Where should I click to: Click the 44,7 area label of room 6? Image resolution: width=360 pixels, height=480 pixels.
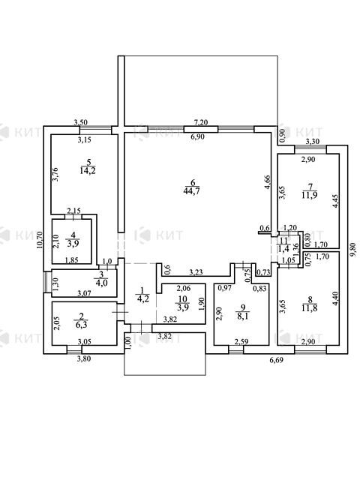click(x=192, y=192)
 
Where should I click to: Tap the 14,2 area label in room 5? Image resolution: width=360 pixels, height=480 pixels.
click(x=88, y=170)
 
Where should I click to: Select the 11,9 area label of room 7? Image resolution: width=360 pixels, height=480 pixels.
click(x=310, y=195)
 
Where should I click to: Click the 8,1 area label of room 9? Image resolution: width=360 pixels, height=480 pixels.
click(x=243, y=316)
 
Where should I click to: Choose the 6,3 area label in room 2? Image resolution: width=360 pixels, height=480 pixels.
click(x=81, y=324)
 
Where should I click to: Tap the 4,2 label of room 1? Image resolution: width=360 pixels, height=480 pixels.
click(x=143, y=298)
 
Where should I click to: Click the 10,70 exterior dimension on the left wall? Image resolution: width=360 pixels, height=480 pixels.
click(x=39, y=241)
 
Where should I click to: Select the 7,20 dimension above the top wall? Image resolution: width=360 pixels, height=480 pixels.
click(x=201, y=122)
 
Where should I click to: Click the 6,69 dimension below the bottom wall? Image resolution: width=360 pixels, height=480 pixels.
click(x=276, y=360)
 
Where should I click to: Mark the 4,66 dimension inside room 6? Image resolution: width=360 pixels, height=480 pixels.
click(x=267, y=181)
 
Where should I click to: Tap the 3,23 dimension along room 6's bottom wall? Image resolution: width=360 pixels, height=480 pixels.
click(x=196, y=272)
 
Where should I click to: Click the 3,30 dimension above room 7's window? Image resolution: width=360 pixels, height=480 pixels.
click(x=313, y=142)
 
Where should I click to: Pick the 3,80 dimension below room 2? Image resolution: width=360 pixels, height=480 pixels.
click(x=83, y=358)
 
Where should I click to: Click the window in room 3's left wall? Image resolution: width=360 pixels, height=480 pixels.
click(x=45, y=282)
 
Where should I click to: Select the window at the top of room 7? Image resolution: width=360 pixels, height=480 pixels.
click(x=310, y=149)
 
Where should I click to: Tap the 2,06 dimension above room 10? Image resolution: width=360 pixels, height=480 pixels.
click(x=184, y=289)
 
